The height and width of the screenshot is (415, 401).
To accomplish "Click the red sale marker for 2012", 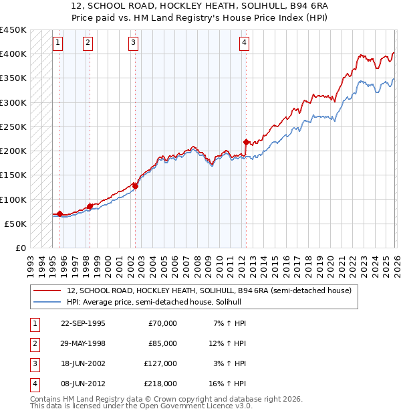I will pos(246,142).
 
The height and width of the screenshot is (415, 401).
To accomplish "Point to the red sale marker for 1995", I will pos(60,214).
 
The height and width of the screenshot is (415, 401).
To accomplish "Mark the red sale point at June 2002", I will pos(135,186).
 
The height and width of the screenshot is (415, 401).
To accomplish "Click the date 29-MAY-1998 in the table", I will pos(83,343).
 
